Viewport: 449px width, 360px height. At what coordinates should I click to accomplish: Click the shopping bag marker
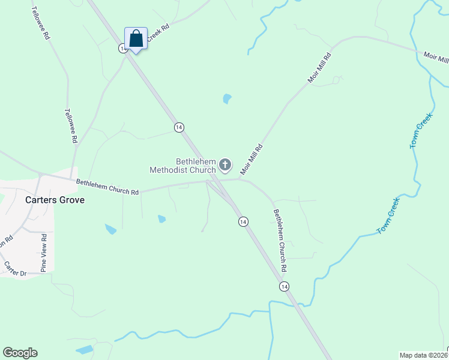(x=136, y=39)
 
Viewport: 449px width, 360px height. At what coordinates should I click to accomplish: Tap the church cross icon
(x=225, y=164)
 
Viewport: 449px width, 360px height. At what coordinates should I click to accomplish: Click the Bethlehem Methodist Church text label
(x=182, y=165)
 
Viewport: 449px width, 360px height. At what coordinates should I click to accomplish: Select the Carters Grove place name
(x=55, y=200)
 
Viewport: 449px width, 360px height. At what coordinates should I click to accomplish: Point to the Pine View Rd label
(x=44, y=254)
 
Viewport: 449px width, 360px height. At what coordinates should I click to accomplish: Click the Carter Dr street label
(x=16, y=269)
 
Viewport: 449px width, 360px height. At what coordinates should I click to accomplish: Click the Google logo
(x=20, y=353)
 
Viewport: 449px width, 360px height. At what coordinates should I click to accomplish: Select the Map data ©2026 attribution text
(x=423, y=355)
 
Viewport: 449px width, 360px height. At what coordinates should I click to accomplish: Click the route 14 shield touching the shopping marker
(x=122, y=48)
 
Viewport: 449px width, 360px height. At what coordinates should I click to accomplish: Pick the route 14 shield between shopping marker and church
(x=179, y=127)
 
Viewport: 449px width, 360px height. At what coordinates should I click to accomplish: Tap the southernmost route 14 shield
(x=285, y=287)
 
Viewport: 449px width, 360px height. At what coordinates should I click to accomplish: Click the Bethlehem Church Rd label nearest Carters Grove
(x=107, y=187)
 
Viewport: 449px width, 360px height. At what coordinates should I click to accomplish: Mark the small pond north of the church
(x=227, y=98)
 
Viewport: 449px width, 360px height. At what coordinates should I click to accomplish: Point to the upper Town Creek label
(x=421, y=133)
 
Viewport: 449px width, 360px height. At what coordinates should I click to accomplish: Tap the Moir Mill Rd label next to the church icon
(x=252, y=159)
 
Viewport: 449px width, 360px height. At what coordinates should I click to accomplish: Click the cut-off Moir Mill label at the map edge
(x=436, y=58)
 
